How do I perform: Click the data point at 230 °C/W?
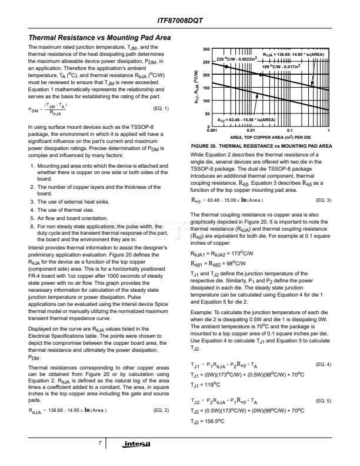point(227,66)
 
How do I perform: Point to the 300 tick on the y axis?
point(206,49)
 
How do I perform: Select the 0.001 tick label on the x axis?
point(212,131)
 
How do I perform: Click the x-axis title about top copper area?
point(271,137)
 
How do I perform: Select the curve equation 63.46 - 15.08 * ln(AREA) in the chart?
point(247,120)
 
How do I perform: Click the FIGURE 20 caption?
point(262,145)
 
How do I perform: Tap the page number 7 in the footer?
point(101,442)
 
